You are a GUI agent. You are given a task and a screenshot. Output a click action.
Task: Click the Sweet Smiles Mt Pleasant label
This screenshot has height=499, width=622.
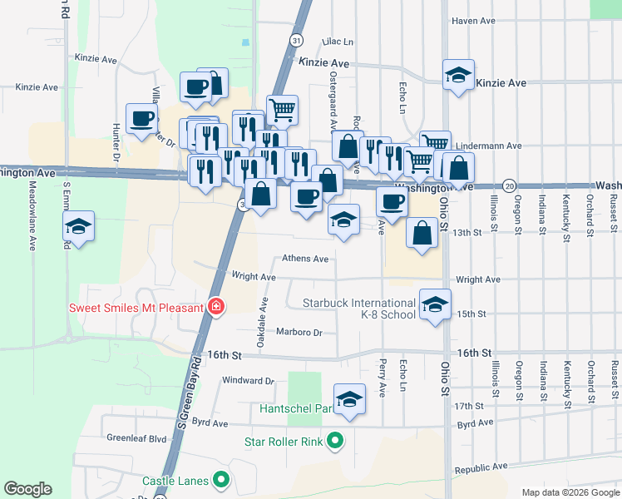coord(136,308)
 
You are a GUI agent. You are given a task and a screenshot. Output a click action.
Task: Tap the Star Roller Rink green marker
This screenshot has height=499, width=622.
coord(335,441)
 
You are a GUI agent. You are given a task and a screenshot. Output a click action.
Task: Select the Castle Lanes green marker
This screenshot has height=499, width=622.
coord(221,480)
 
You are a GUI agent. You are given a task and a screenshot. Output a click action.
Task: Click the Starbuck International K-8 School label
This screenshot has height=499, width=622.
coord(358,309)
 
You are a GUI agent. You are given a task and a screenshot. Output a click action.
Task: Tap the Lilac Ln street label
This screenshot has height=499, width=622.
coord(338,41)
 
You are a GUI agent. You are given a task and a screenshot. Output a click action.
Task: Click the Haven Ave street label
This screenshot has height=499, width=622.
coord(473,21)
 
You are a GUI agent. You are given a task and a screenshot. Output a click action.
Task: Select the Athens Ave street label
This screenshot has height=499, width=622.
coord(305,259)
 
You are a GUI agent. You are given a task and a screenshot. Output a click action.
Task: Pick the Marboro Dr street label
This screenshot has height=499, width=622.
coord(299,332)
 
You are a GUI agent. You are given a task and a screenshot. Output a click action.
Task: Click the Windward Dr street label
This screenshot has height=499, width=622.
coord(248,381)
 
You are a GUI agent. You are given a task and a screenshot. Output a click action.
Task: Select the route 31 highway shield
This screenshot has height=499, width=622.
coord(296,39)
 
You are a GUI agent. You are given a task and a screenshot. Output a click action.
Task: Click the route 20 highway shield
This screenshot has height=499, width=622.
coord(510,185)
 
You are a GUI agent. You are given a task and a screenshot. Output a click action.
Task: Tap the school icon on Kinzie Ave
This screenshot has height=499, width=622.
coord(458,77)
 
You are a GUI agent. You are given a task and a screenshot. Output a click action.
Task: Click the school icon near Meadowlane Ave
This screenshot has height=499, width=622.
coord(79,226)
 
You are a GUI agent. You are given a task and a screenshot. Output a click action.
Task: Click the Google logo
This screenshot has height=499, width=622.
coord(27,489)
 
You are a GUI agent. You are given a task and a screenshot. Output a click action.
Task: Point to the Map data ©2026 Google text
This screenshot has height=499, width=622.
coord(570,492)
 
